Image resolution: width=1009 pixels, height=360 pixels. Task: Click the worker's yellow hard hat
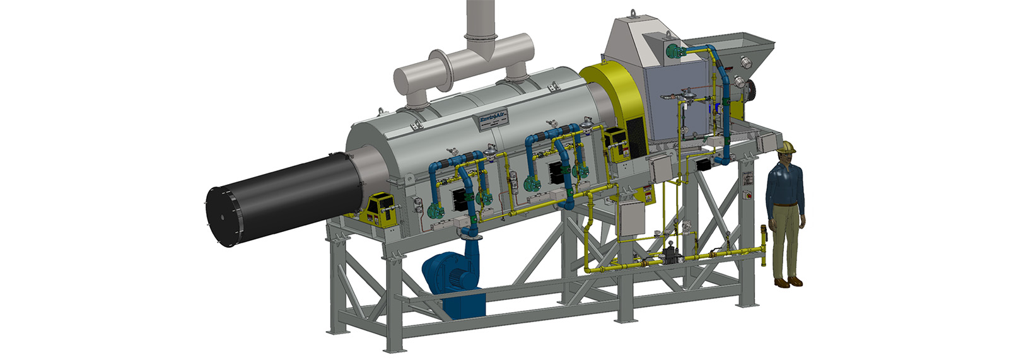point(786,147)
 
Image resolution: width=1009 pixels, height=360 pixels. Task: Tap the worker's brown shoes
point(788,282)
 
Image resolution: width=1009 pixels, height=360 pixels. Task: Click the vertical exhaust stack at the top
point(482,19)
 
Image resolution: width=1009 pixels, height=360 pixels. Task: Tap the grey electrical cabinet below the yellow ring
point(633,215)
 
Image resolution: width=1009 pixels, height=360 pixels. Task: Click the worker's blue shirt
point(784,186)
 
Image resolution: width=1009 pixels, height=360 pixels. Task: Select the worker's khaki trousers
point(786,240)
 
